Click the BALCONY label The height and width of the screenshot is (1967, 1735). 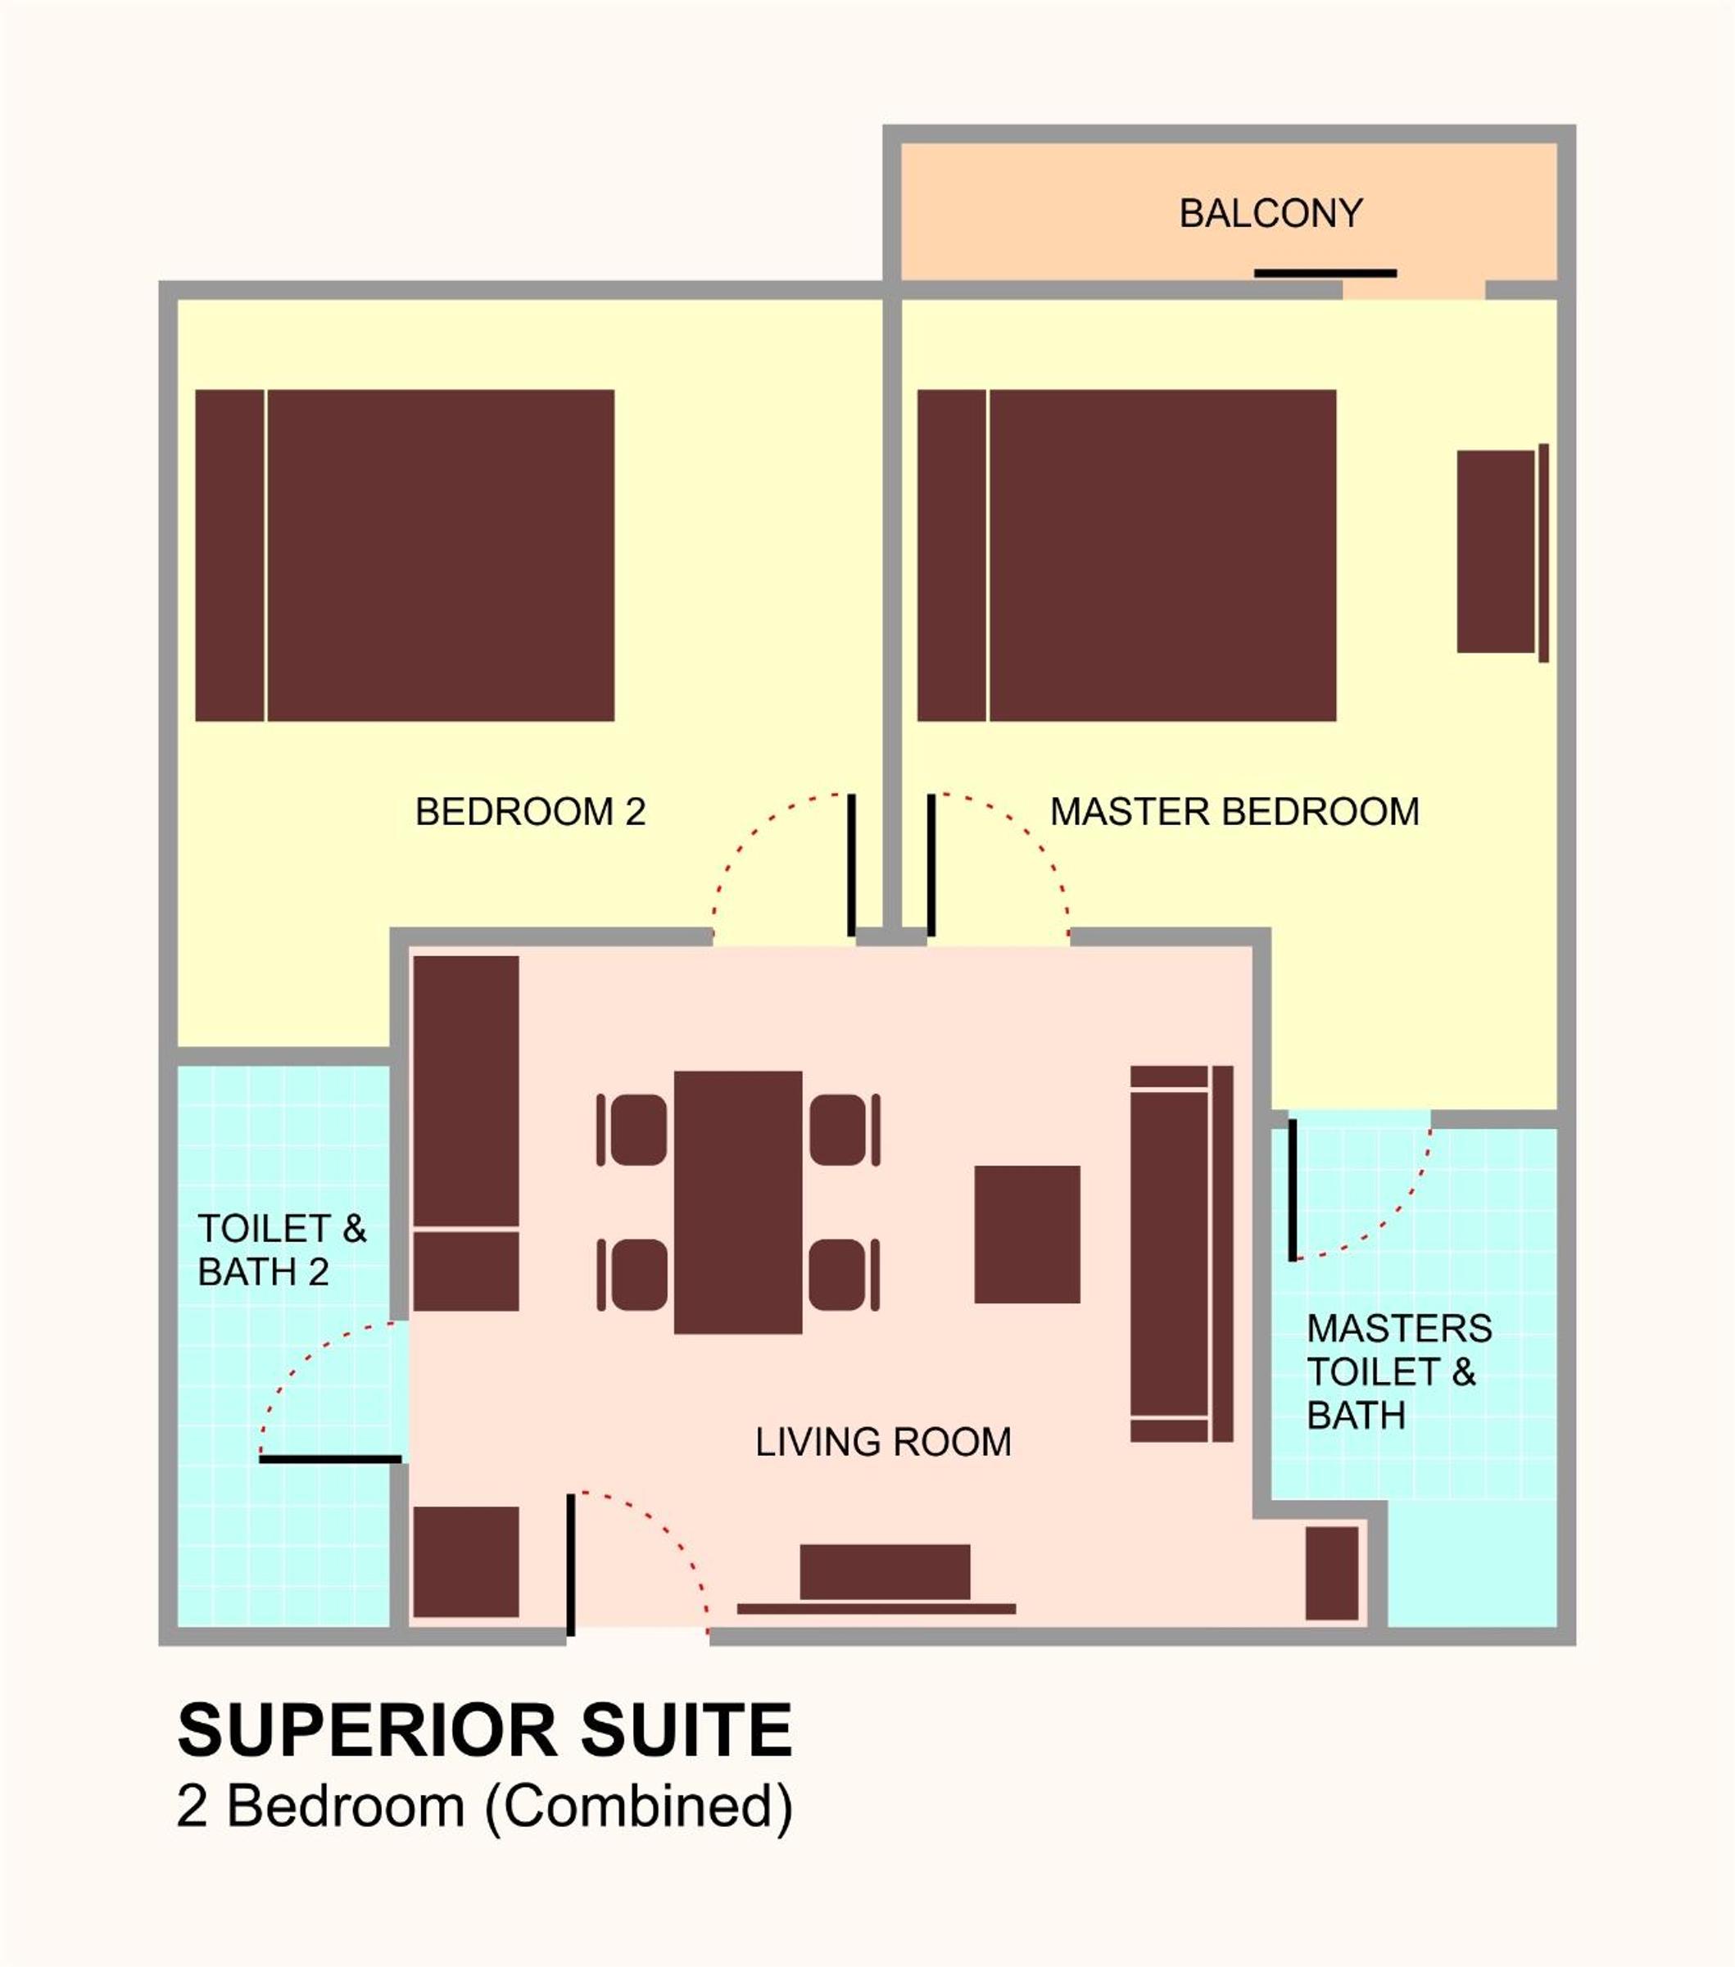(x=1271, y=214)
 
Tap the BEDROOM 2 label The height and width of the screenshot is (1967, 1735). (x=530, y=812)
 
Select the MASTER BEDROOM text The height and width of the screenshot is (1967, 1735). (x=1234, y=812)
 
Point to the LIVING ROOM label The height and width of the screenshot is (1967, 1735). (x=883, y=1443)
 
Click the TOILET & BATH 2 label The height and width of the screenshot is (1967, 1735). (x=282, y=1250)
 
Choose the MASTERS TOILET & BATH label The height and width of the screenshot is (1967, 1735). (x=1399, y=1372)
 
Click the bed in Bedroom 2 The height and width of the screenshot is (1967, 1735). (x=405, y=555)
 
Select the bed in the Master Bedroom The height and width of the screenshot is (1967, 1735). (x=1127, y=555)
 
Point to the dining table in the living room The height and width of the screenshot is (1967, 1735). (x=738, y=1202)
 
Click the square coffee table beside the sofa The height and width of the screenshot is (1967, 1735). (x=1028, y=1235)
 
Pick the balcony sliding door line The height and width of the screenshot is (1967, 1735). (x=1325, y=274)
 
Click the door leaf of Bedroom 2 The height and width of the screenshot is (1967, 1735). (x=852, y=864)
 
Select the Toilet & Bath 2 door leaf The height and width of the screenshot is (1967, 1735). (x=330, y=1460)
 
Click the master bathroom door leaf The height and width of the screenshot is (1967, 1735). (x=1293, y=1190)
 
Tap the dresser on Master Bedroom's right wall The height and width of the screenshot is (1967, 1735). (x=1502, y=552)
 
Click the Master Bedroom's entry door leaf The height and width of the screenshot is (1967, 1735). (x=931, y=864)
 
